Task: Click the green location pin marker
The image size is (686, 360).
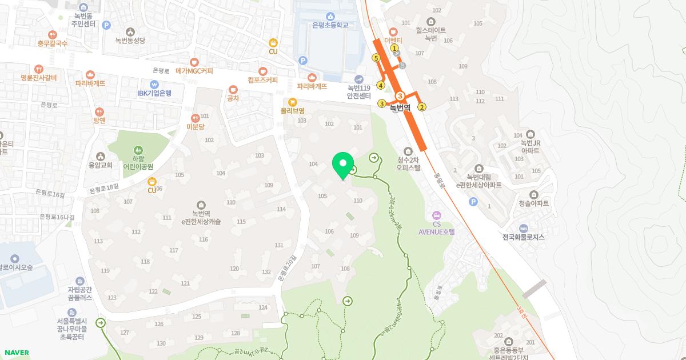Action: click(x=342, y=165)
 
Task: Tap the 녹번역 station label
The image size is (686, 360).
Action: click(x=400, y=107)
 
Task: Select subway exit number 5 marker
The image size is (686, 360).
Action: click(x=376, y=58)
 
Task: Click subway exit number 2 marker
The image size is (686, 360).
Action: click(x=422, y=107)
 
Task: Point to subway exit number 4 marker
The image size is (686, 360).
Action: click(x=380, y=86)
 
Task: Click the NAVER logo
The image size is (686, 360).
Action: click(x=16, y=353)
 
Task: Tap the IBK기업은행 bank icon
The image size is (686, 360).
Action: click(x=154, y=83)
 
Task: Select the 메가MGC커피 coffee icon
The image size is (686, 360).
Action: click(x=194, y=62)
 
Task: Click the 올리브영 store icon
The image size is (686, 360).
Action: click(x=292, y=102)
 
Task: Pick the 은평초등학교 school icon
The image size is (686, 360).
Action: click(x=330, y=16)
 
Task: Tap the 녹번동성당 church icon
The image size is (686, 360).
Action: click(x=130, y=31)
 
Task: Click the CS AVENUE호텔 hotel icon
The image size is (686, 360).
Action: click(x=436, y=215)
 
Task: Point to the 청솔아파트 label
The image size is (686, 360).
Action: click(x=533, y=203)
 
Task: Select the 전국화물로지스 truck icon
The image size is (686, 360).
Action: click(x=523, y=228)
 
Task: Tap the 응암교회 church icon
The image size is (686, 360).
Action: click(x=101, y=156)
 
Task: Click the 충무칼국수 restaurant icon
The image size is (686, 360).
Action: click(x=52, y=34)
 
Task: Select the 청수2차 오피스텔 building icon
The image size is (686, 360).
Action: click(x=408, y=151)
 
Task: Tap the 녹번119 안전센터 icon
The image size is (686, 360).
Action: click(x=358, y=79)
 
